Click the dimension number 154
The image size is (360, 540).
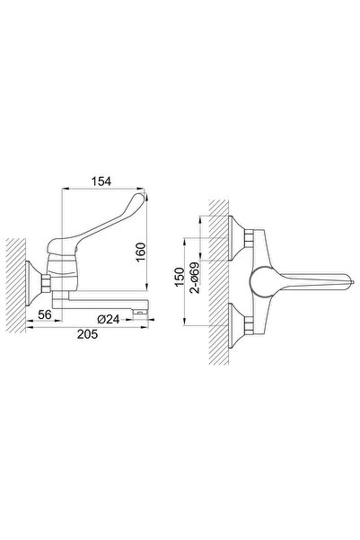click(x=101, y=181)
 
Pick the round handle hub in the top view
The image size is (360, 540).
click(x=264, y=279)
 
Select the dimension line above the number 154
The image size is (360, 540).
click(x=101, y=190)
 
